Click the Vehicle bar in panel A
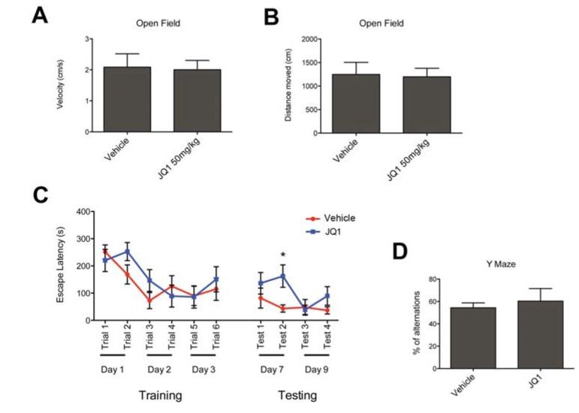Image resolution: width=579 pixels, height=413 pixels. click(x=128, y=99)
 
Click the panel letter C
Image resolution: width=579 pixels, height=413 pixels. click(x=42, y=196)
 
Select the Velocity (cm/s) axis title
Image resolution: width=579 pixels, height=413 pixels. click(x=59, y=85)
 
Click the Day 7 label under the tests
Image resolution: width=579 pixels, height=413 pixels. click(x=271, y=369)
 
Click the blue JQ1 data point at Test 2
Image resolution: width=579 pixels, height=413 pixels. click(x=283, y=276)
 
